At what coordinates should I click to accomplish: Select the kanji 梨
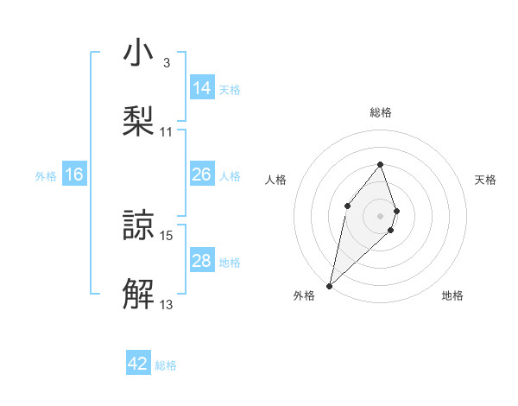pos(138,122)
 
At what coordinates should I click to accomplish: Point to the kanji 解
pos(138,293)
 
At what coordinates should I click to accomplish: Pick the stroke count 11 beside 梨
pos(167,131)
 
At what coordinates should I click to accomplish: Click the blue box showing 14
pos(201,88)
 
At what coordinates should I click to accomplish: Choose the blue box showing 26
pos(201,174)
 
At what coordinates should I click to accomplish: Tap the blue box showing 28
pos(201,261)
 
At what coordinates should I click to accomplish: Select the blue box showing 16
pos(74,175)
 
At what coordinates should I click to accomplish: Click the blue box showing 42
pos(138,364)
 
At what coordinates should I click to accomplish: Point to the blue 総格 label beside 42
pos(166,365)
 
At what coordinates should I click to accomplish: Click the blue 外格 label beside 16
pos(46,176)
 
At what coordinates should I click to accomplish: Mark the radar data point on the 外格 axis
pos(329,285)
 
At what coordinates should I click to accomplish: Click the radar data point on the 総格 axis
pos(380,164)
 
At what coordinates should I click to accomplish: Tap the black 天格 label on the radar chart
pos(486,180)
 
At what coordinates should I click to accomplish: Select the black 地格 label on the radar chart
pos(452,296)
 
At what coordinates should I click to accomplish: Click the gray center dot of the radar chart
pos(380,215)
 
